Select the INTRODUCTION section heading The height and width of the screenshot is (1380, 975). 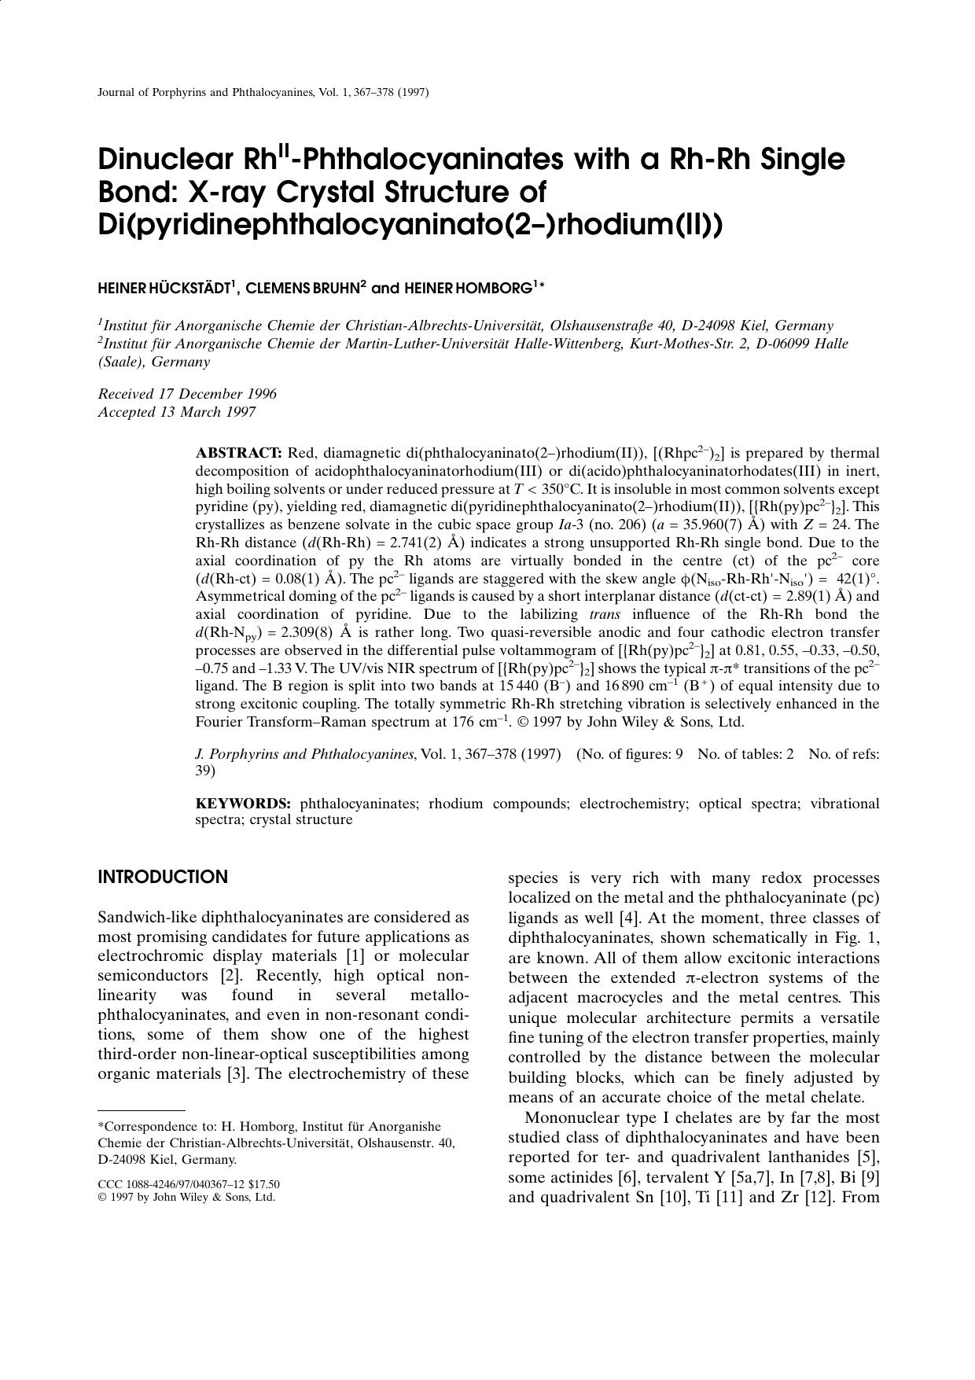point(163,878)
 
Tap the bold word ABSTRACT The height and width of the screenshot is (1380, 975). point(238,453)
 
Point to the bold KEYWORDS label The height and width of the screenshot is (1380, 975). point(243,804)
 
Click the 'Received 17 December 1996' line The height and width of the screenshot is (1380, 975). point(187,394)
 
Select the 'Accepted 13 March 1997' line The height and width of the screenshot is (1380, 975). point(176,412)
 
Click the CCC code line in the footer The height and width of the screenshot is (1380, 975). point(189,1184)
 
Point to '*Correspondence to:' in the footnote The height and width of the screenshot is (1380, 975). point(145,1127)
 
